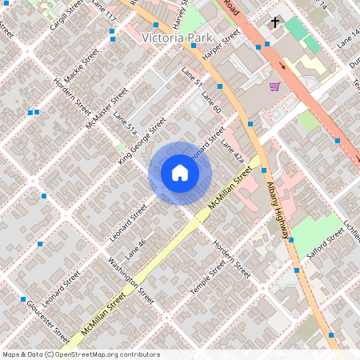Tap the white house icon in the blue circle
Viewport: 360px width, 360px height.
point(180,173)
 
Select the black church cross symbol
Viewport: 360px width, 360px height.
point(275,22)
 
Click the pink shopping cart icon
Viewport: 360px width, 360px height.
point(274,86)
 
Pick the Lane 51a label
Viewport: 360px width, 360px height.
point(126,125)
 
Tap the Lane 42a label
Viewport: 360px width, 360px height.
point(231,150)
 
